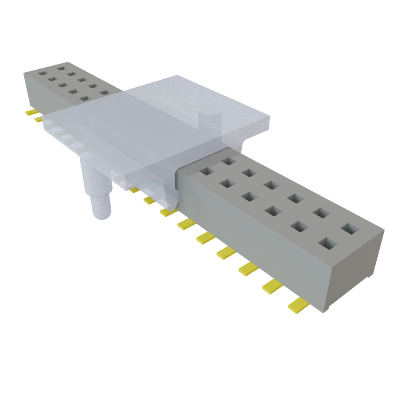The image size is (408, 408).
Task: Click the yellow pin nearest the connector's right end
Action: [x=298, y=306]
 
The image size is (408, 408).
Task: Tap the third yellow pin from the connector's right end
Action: [x=248, y=269]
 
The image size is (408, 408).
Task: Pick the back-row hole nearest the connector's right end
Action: [x=350, y=228]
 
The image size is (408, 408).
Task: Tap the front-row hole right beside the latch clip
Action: [x=207, y=171]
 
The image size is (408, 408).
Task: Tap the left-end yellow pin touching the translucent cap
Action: [x=38, y=119]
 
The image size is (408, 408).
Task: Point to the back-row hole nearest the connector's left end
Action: [x=61, y=68]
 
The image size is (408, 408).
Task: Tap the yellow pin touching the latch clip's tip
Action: [x=168, y=212]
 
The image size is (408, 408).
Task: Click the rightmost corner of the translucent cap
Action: [x=269, y=118]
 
